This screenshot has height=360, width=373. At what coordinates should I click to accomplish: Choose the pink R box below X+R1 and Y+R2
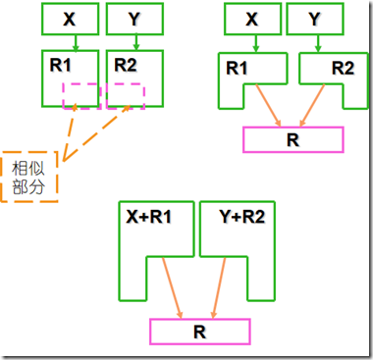[199, 332]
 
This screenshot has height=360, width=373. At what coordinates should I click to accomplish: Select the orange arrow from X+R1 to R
[171, 286]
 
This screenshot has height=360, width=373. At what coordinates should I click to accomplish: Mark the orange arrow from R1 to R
[266, 102]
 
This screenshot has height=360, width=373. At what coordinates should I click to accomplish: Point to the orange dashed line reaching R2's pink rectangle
[92, 131]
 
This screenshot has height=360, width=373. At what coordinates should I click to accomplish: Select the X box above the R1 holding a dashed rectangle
[67, 19]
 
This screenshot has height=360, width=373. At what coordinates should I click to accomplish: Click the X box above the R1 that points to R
[252, 19]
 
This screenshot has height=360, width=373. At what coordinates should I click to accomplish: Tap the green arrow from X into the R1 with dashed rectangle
[67, 41]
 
